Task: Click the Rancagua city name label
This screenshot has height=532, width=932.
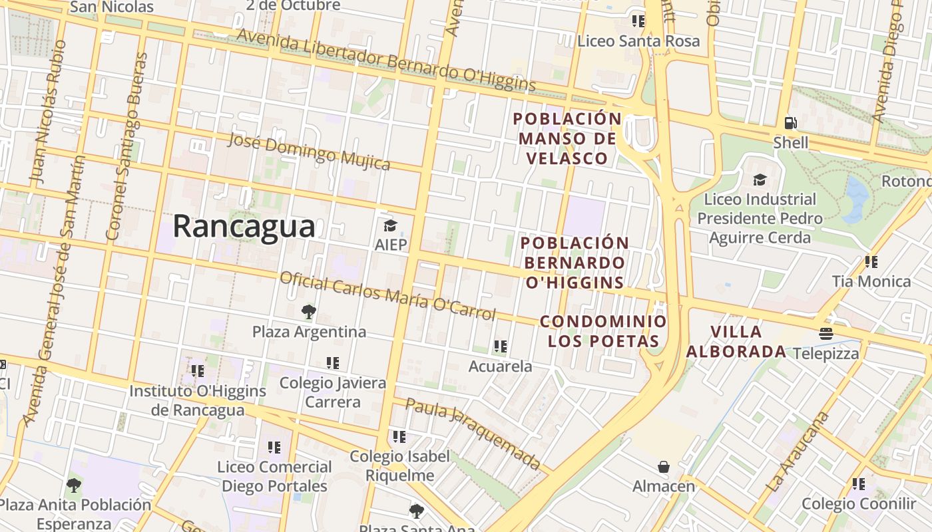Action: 244,227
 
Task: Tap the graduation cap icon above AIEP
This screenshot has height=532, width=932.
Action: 390,226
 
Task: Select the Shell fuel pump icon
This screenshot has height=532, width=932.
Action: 790,123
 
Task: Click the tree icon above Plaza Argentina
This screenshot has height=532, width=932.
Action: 308,312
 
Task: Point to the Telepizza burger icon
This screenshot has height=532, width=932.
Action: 826,334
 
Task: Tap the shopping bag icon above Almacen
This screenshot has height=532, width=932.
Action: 663,467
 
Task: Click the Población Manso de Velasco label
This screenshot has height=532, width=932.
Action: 567,138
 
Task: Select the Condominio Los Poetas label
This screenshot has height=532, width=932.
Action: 603,331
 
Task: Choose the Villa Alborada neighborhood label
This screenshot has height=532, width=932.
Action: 736,341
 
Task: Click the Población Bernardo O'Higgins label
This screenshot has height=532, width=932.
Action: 575,263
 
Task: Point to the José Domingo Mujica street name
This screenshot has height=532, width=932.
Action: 309,151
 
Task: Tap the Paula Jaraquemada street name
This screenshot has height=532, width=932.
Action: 473,434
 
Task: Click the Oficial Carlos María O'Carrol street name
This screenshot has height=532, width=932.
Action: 387,295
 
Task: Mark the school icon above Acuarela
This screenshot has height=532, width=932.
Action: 501,346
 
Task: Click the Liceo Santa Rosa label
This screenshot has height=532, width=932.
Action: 638,41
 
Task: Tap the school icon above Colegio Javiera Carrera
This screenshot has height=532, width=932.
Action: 333,363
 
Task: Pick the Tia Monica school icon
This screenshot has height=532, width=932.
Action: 871,262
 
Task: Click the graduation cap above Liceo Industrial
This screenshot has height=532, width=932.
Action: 760,180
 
